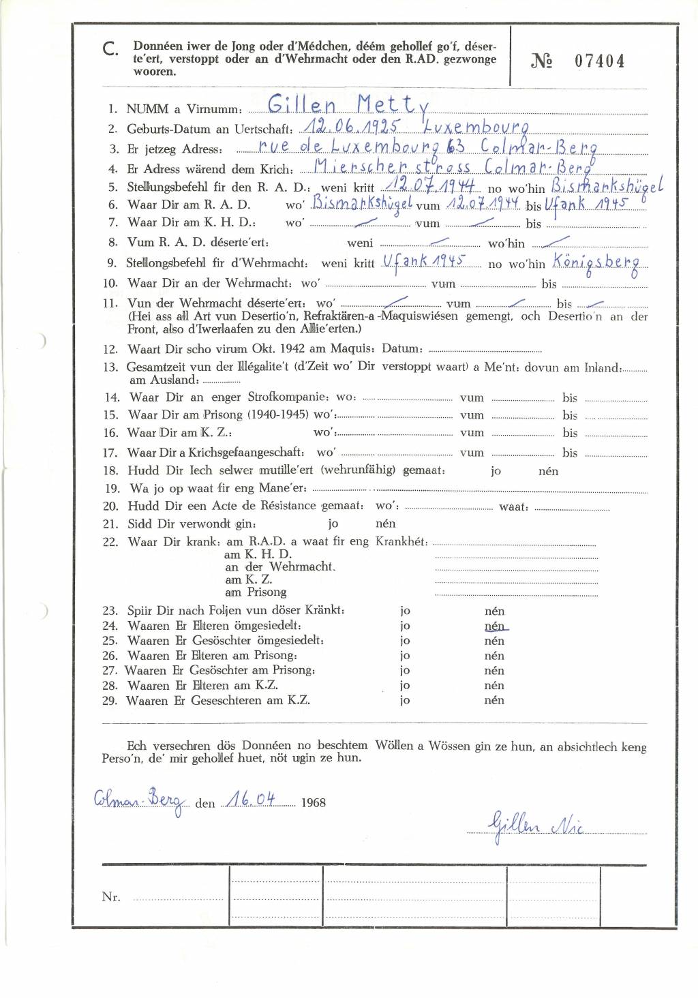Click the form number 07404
(599, 61)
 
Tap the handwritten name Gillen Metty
(348, 106)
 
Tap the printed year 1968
(313, 802)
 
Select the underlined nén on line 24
(495, 626)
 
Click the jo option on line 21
(333, 524)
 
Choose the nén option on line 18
(548, 471)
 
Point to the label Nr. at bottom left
(111, 896)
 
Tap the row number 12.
(110, 349)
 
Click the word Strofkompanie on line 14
(286, 397)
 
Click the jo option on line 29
(405, 700)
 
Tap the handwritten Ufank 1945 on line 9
(423, 262)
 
